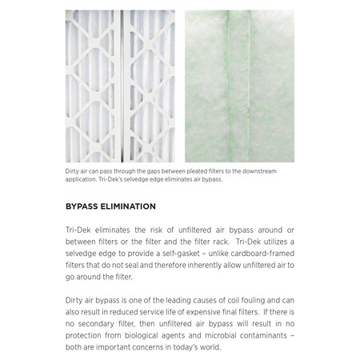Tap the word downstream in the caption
point(264,170)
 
